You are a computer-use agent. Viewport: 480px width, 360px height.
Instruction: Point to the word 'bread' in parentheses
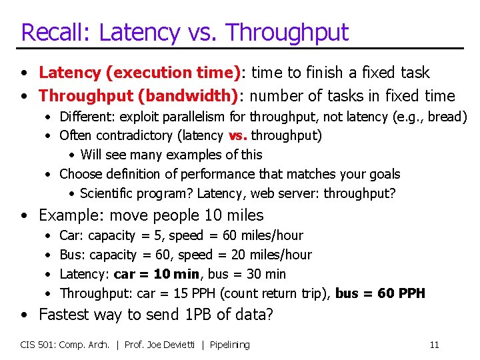(445, 117)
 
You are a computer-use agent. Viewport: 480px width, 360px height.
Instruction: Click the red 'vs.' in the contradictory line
(237, 136)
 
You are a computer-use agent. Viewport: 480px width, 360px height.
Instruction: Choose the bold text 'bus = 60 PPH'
(380, 293)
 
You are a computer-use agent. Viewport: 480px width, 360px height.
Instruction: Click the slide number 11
(434, 345)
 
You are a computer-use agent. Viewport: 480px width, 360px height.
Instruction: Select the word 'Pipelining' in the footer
(230, 345)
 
